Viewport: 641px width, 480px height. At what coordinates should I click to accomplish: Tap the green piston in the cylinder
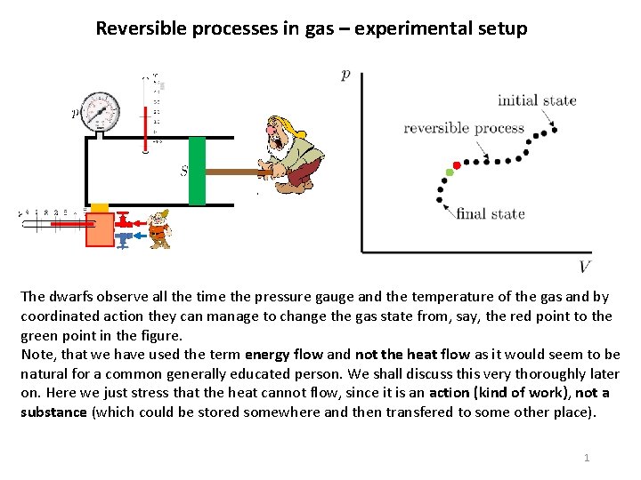pos(197,171)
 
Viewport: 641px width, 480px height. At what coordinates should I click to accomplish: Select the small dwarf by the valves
pos(158,229)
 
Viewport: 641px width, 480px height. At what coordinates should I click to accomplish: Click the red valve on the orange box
pos(126,219)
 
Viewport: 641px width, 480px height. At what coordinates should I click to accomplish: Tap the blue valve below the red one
pos(125,238)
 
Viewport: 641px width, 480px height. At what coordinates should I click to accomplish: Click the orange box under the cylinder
pos(100,228)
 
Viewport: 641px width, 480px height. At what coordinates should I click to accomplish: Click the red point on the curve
pos(457,165)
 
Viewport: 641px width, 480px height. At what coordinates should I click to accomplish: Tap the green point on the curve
pos(449,172)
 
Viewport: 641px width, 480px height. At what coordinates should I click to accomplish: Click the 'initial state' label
pos(536,100)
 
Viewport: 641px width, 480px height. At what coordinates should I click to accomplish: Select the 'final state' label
pos(491,213)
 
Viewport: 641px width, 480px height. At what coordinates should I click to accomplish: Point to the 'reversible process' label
pos(464,128)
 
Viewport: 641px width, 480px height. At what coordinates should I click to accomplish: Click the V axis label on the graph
pos(584,267)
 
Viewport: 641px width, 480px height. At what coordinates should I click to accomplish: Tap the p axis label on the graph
pos(345,76)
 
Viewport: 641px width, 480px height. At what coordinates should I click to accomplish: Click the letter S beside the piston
pos(183,171)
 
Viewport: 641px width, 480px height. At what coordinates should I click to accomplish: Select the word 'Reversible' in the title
pos(138,28)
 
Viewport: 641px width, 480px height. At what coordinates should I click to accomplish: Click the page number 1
pos(586,457)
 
